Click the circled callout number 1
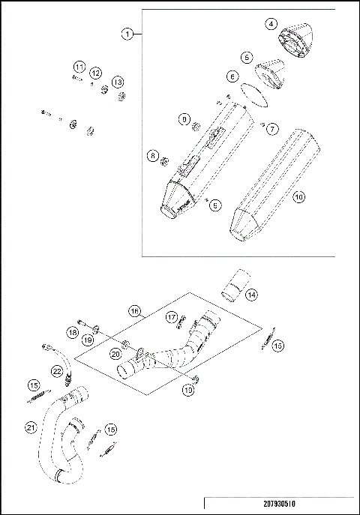(x=128, y=34)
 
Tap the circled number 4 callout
(x=270, y=23)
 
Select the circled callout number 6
(x=233, y=76)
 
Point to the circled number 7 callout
(x=273, y=129)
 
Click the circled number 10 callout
(x=298, y=198)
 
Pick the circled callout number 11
(x=79, y=68)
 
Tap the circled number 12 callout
(x=96, y=73)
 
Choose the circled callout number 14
(x=252, y=295)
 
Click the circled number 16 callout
(x=133, y=310)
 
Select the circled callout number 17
(x=171, y=316)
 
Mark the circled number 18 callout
(x=73, y=332)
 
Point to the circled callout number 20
(x=115, y=353)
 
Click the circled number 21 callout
(x=31, y=428)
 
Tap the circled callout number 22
(x=56, y=370)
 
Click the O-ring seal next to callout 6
(x=252, y=94)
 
